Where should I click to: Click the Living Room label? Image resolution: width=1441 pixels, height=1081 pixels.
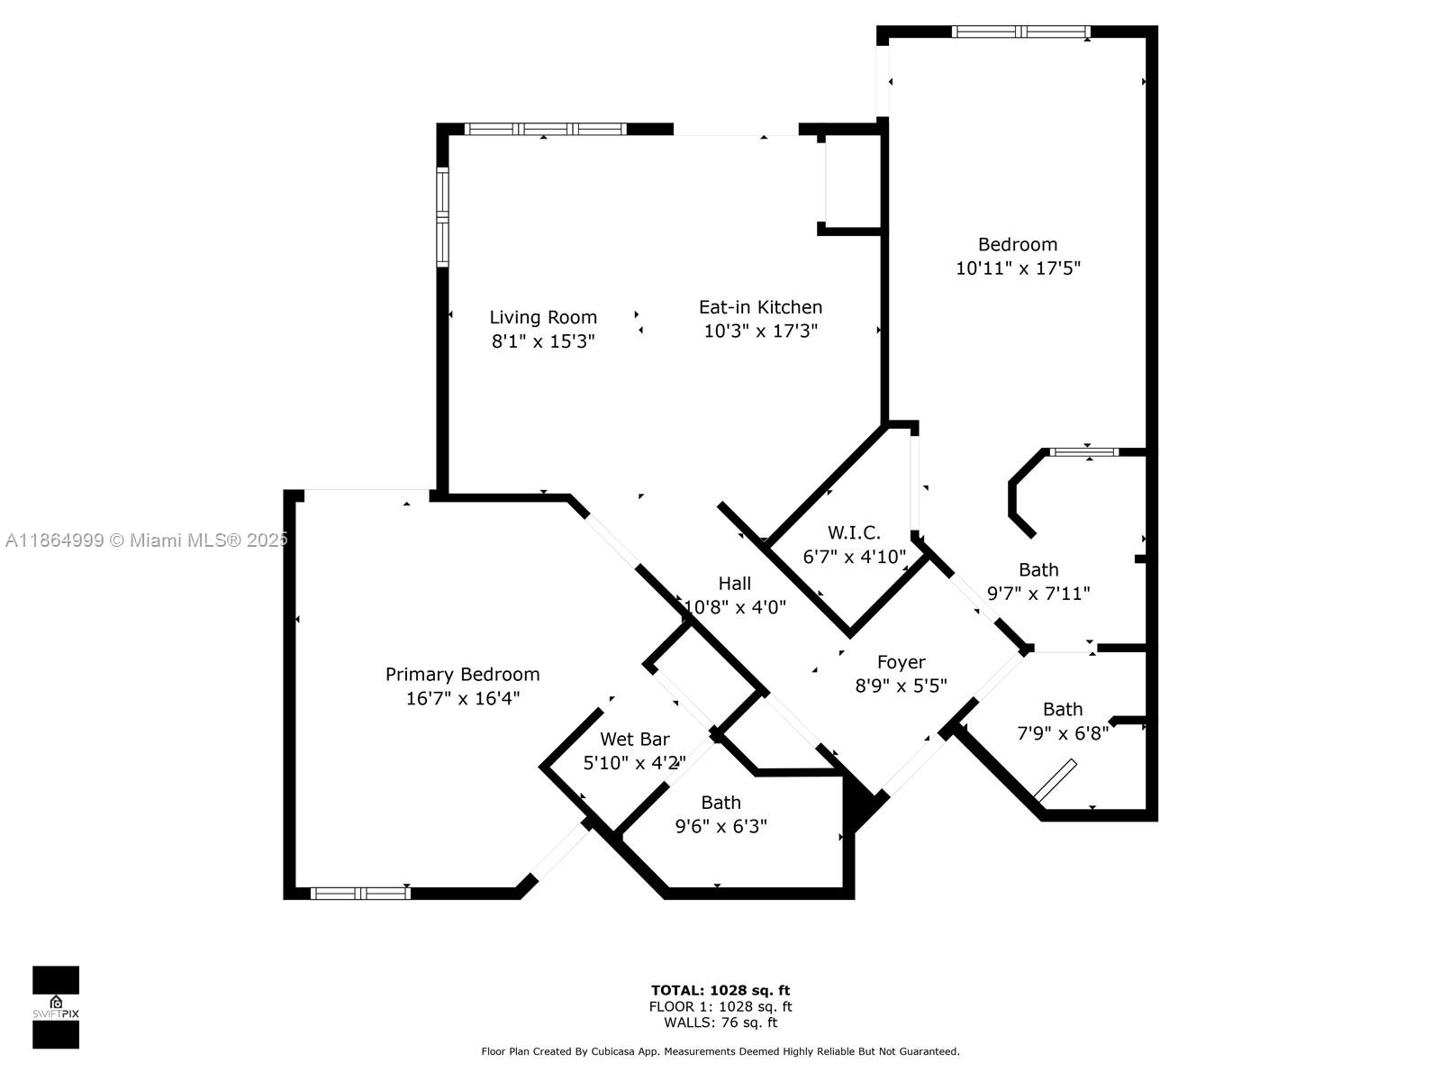543,317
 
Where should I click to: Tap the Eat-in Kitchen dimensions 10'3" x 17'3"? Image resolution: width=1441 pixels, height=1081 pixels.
760,332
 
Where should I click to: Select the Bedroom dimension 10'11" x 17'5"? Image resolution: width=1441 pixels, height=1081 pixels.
1018,268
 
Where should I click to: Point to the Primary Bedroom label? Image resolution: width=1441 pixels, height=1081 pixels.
462,674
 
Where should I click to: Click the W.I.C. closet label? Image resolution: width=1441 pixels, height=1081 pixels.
853,533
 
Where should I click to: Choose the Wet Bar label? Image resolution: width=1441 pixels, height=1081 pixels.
634,740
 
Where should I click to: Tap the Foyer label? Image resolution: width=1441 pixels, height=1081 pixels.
901,663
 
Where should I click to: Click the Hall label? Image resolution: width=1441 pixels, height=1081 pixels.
734,584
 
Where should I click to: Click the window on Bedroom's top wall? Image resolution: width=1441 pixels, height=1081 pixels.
1020,32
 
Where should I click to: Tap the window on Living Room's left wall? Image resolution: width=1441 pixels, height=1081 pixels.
442,217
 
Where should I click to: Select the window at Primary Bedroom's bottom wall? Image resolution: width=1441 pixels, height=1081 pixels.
359,894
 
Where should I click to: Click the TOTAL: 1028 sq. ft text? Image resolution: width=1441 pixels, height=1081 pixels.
720,990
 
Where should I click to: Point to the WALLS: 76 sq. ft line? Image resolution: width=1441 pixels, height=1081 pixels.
720,1022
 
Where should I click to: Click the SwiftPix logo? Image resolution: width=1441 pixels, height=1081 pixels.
56,1007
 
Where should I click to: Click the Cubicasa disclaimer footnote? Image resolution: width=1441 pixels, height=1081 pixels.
720,1051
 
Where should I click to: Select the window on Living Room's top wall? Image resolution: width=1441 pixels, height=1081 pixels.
545,129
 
